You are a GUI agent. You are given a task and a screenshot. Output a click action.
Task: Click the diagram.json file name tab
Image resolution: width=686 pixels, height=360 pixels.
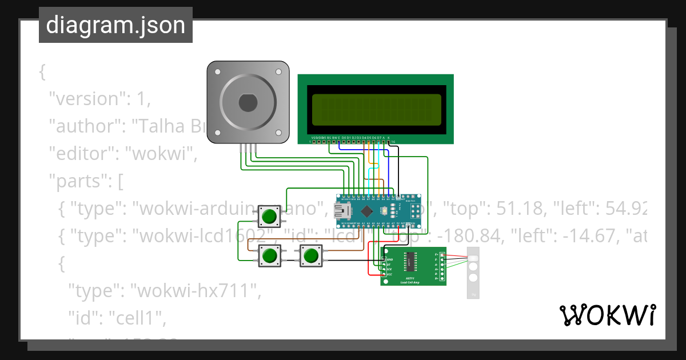[115, 25]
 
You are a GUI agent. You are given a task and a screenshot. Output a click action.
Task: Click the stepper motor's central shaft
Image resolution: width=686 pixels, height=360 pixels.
[248, 103]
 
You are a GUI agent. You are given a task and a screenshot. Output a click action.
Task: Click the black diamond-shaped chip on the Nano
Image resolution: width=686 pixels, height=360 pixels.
[368, 211]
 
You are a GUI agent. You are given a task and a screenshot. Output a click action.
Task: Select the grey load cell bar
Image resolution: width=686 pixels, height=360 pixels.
[473, 273]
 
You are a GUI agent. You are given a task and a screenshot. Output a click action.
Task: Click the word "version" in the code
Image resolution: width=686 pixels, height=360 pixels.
[86, 98]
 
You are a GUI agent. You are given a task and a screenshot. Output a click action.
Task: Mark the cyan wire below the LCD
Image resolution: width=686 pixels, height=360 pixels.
[371, 171]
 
